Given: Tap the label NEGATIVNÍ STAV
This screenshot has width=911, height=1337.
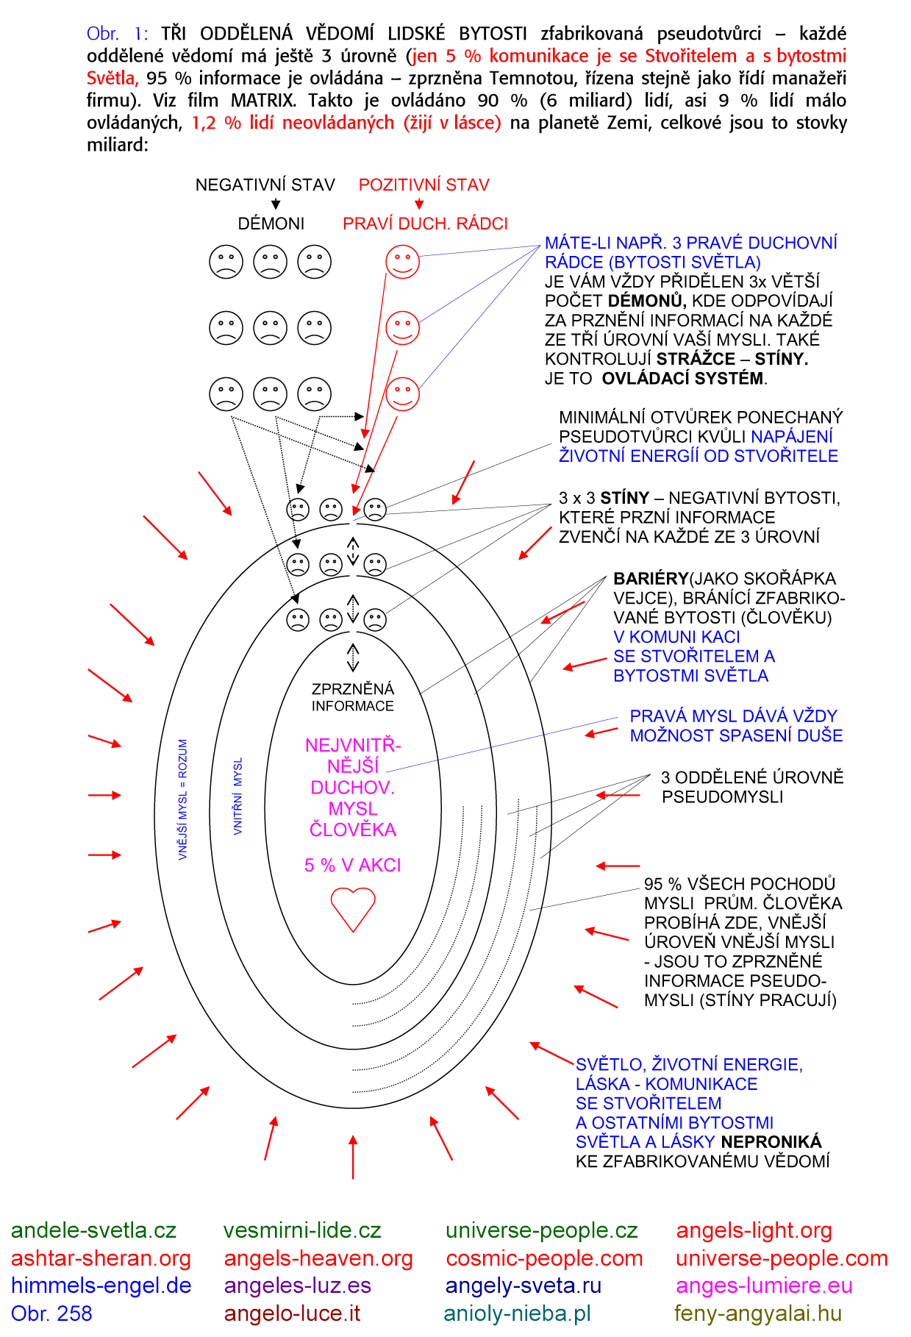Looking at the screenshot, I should [265, 185].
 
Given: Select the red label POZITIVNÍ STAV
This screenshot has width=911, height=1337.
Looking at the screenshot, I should [424, 185].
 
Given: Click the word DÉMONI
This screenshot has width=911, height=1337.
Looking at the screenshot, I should [271, 224].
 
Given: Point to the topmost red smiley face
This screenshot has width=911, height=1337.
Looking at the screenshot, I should [402, 261].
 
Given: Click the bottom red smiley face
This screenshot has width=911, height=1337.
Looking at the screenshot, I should [402, 393].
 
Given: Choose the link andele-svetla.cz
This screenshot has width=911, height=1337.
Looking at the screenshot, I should [93, 1230].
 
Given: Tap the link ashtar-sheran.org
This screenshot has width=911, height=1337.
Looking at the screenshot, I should [101, 1258].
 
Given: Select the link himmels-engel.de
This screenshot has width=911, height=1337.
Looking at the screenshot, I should [101, 1286].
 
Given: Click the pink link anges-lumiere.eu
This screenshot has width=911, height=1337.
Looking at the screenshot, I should [764, 1286].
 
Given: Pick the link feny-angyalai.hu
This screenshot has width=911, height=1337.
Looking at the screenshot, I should [758, 1313].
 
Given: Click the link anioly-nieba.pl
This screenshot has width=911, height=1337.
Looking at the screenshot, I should [518, 1313].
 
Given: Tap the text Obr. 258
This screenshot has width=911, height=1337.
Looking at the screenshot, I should [51, 1313].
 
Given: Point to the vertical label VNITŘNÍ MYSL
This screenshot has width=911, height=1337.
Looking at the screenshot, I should [237, 796].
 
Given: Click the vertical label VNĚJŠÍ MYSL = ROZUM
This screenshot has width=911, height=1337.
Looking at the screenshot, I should [182, 799].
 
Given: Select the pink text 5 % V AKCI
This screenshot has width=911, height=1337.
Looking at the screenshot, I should [353, 865].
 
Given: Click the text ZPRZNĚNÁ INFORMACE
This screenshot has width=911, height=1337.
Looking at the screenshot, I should [353, 697].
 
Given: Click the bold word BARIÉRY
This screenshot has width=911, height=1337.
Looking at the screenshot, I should [650, 579].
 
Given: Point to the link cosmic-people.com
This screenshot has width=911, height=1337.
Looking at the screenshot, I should [544, 1258].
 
